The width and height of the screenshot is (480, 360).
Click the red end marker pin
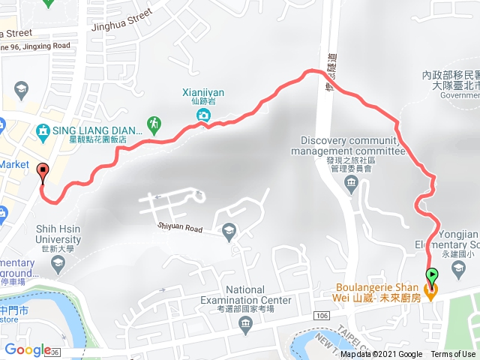pos(42,172)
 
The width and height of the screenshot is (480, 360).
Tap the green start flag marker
pos(432,275)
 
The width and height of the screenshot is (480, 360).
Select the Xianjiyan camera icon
pos(203,115)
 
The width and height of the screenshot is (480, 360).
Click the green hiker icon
pos(154,122)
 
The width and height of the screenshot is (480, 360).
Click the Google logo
pos(27,349)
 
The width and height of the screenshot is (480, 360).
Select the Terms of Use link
pos(453,355)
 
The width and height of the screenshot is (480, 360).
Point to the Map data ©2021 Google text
pos(381,355)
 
